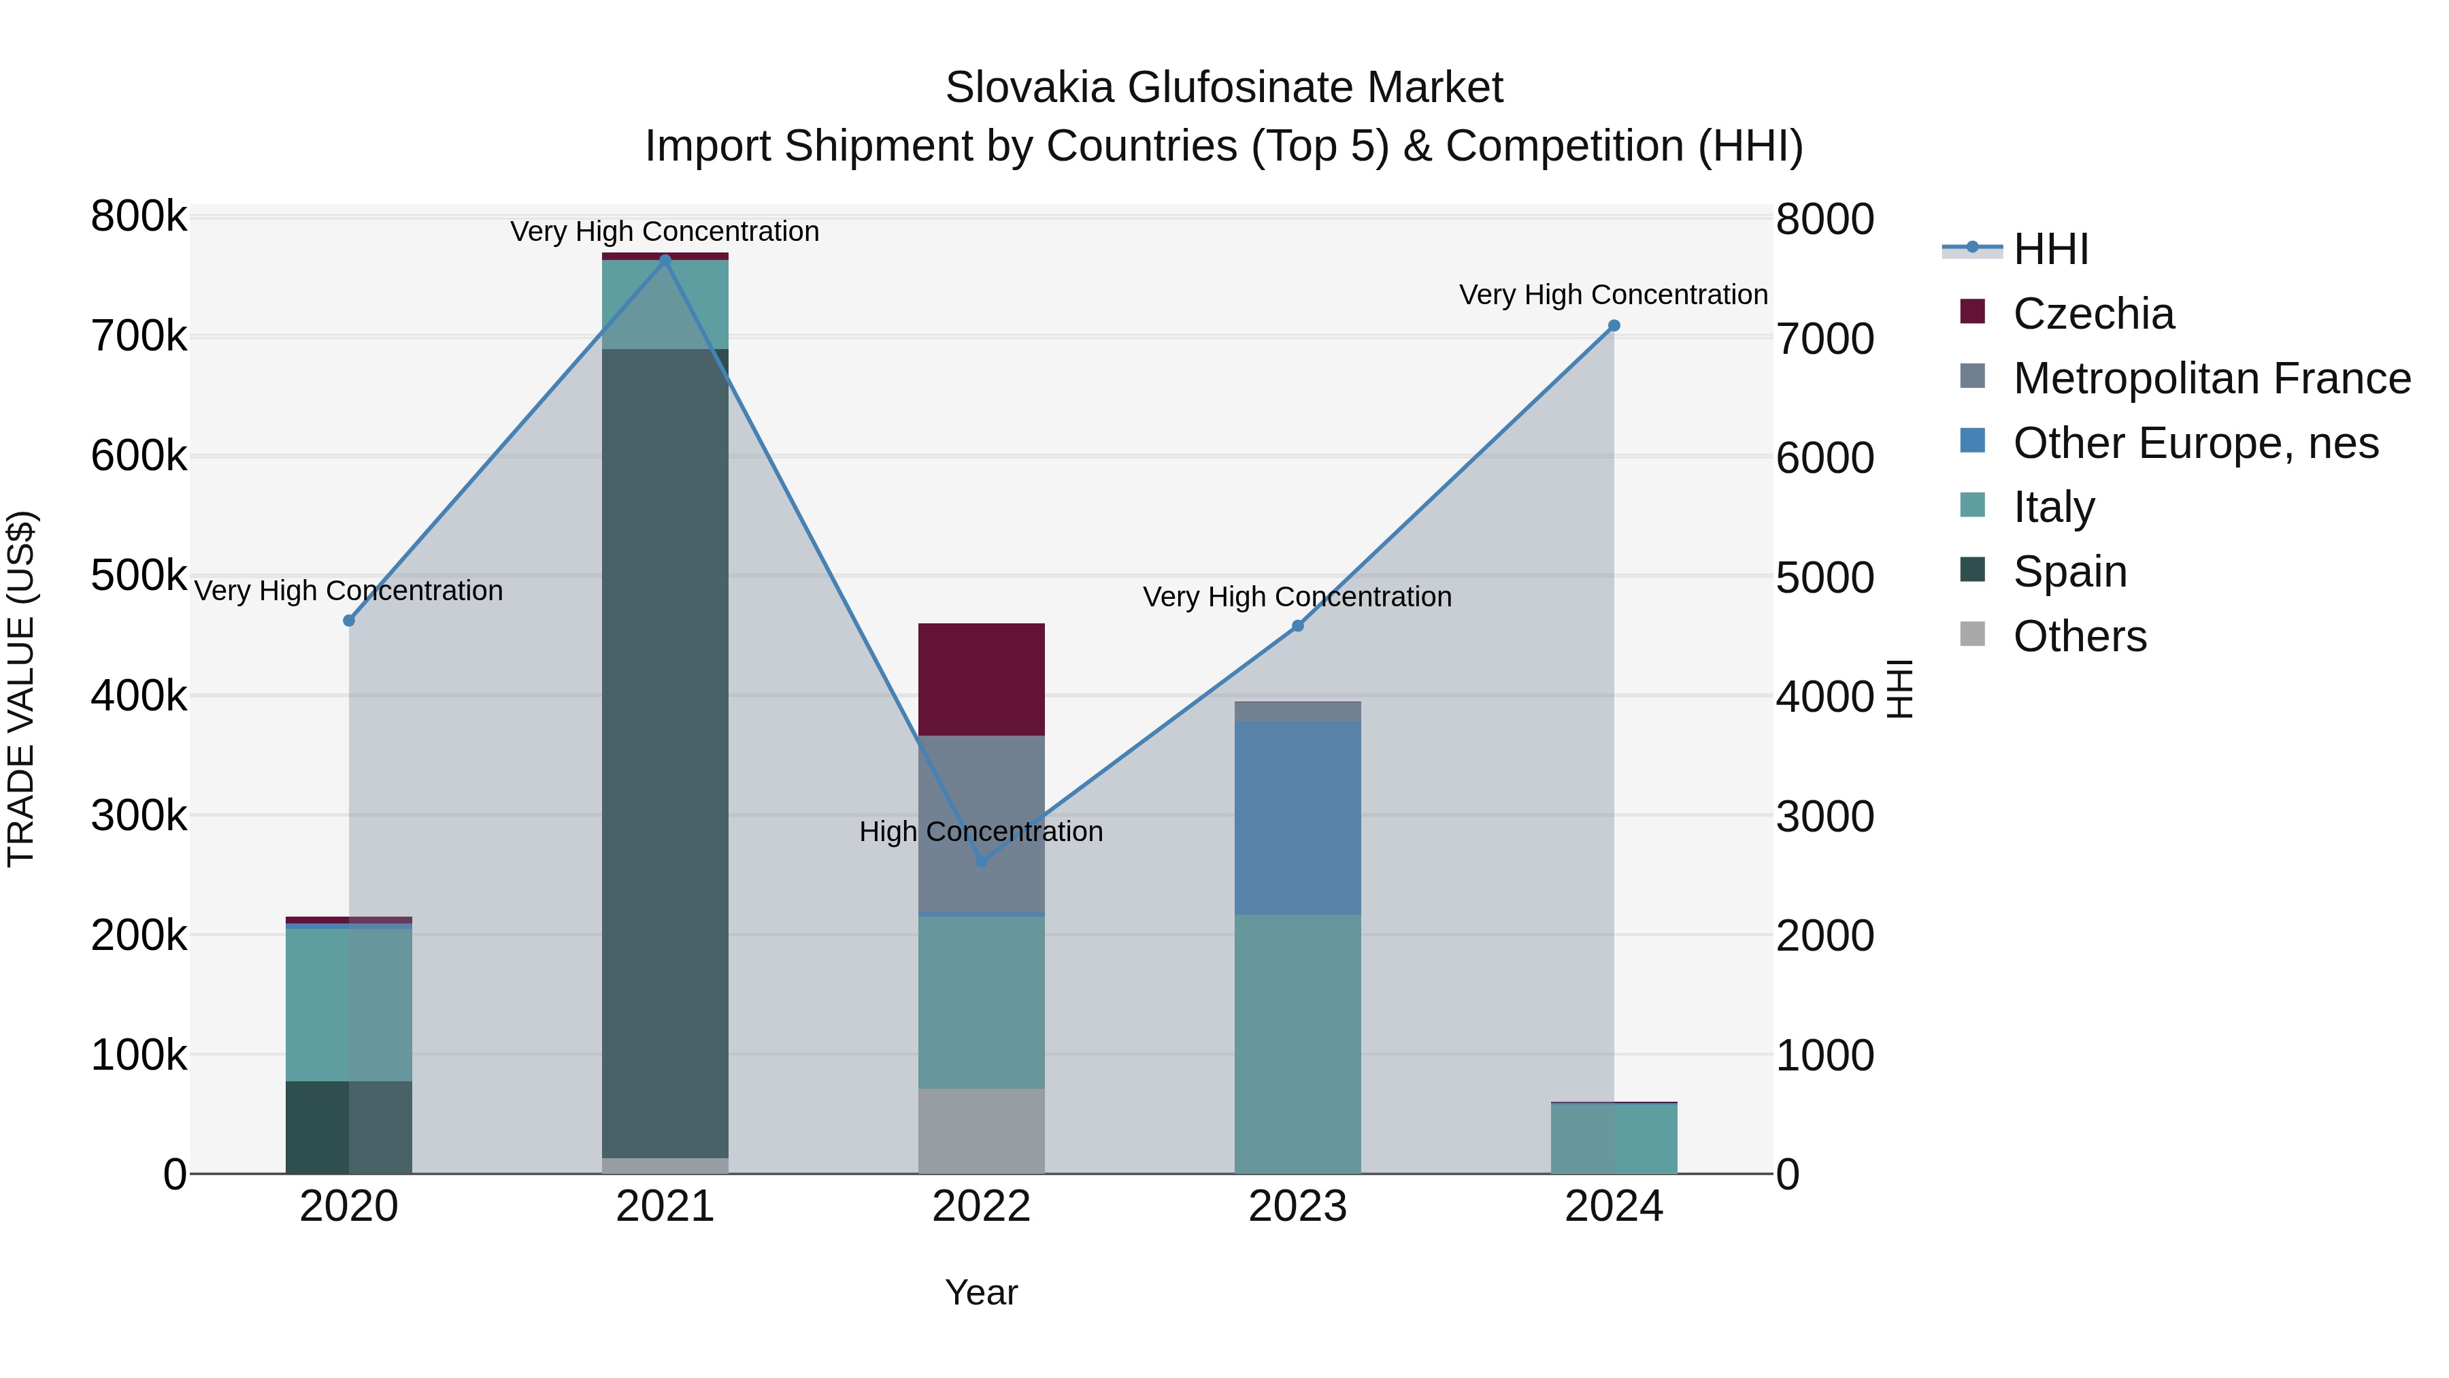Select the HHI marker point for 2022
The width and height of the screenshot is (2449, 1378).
click(x=981, y=862)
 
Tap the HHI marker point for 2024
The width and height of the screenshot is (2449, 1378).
click(x=1614, y=326)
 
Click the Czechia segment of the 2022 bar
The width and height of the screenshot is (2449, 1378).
click(x=981, y=679)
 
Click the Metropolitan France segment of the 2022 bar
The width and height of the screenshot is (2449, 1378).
click(x=981, y=823)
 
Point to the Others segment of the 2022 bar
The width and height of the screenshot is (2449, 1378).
click(x=981, y=1131)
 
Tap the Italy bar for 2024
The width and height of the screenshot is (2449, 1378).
click(x=1614, y=1138)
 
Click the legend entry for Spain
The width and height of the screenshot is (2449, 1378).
click(x=2069, y=572)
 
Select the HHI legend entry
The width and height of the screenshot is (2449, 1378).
click(x=2050, y=249)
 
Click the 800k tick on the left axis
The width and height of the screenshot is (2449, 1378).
click(x=139, y=217)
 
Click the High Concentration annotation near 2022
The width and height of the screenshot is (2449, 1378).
click(x=981, y=831)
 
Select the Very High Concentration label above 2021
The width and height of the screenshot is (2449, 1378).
click(x=665, y=231)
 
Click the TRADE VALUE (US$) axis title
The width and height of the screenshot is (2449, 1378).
click(x=21, y=689)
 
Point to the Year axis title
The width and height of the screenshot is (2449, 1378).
click(x=981, y=1292)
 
